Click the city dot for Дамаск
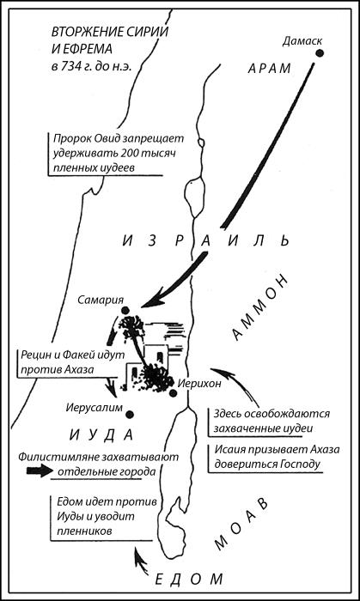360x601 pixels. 320,53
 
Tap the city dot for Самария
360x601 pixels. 125,310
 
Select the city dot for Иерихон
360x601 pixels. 173,393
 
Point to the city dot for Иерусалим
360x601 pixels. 130,415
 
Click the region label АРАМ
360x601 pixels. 270,69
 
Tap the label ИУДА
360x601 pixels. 101,435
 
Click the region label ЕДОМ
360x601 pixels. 189,579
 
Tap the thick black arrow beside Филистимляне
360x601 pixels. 40,470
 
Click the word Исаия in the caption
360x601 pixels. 229,450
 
